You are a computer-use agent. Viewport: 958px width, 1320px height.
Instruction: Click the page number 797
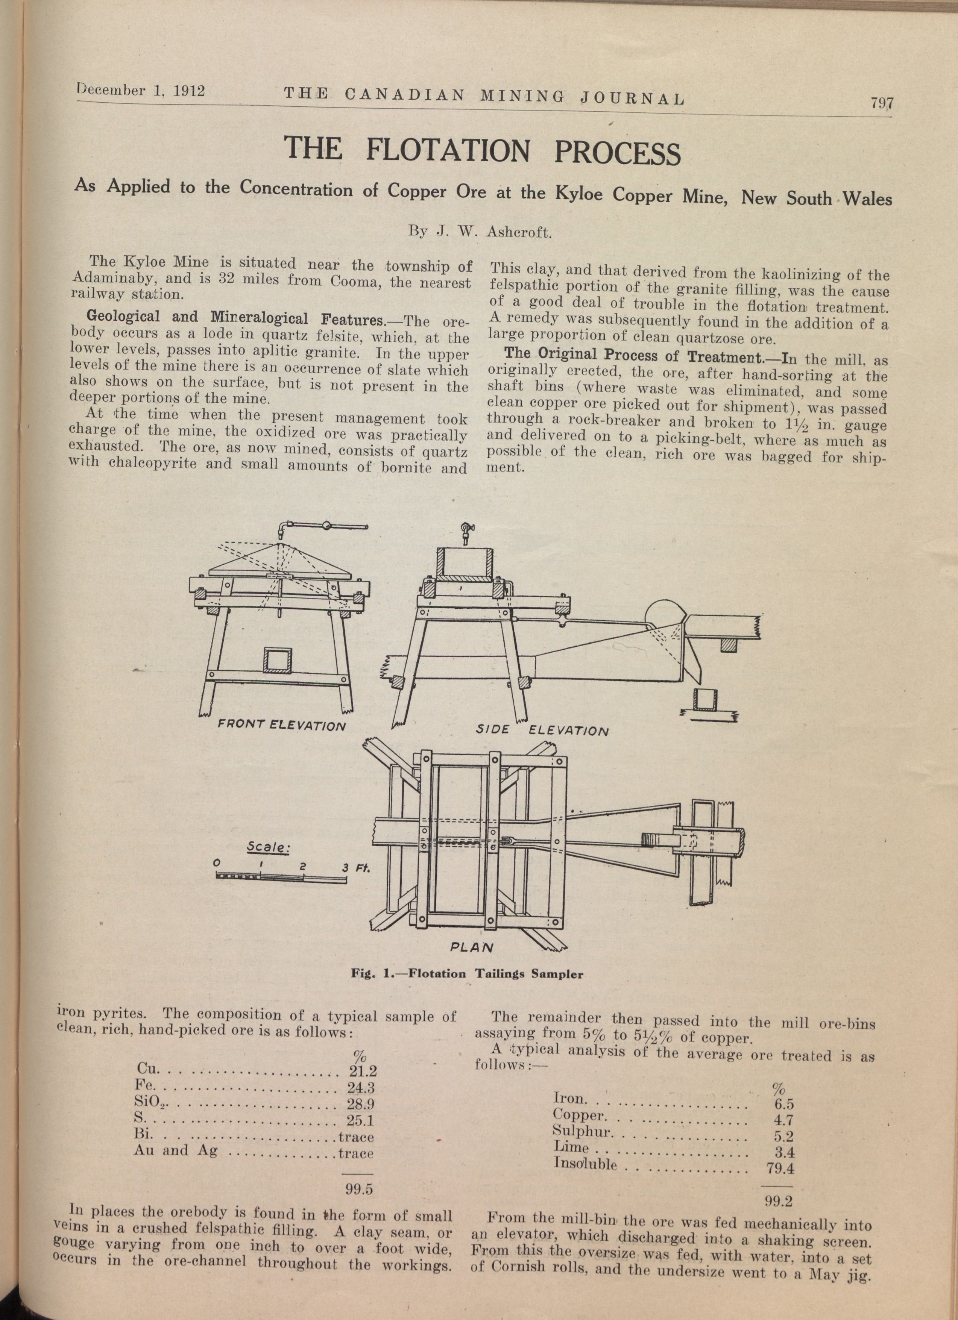point(881,103)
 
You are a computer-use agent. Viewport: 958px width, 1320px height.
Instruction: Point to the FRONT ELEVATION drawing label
point(281,726)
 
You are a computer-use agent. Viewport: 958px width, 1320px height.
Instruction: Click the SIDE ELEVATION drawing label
point(542,730)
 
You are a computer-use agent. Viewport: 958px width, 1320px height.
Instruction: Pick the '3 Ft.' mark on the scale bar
point(357,868)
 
